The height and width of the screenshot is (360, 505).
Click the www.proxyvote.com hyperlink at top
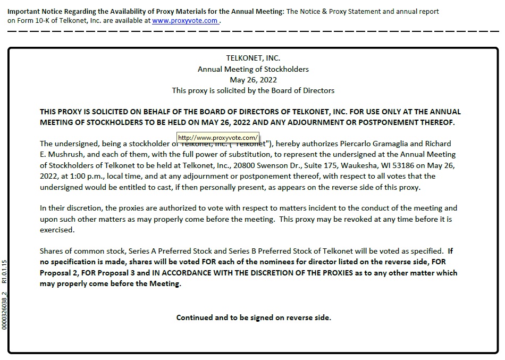[x=185, y=21]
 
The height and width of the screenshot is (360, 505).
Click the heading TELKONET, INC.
[x=253, y=58]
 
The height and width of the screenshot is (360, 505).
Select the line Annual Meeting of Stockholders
[x=253, y=69]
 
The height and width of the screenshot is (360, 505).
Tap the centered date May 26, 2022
[x=253, y=80]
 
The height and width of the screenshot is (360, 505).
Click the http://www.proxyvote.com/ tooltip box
[x=218, y=137]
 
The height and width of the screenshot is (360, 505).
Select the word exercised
[x=57, y=230]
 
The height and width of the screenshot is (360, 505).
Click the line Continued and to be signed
[x=253, y=317]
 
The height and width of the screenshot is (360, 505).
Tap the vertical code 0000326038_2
[x=4, y=310]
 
